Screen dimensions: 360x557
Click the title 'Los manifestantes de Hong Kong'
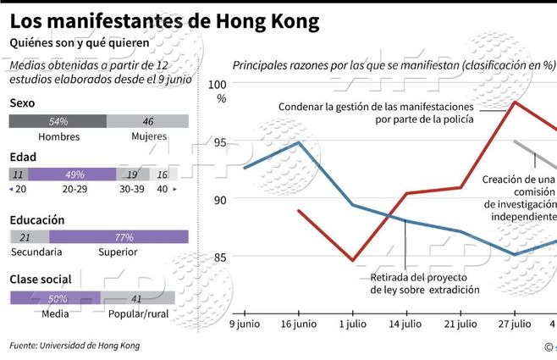point(164,21)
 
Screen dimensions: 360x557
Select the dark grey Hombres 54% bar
point(58,121)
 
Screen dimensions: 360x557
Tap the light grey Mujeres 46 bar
point(147,121)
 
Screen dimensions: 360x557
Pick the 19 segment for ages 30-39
point(131,174)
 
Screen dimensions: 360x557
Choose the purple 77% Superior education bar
point(119,237)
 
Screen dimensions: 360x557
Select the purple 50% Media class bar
point(55,298)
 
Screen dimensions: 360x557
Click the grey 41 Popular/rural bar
point(137,298)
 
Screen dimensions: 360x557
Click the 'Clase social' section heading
point(40,279)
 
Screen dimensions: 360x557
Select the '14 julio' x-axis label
point(405,324)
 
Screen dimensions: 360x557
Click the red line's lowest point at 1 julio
point(352,260)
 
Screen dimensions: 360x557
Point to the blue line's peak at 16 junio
point(299,142)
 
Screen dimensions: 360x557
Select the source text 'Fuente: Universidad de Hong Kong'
point(74,346)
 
